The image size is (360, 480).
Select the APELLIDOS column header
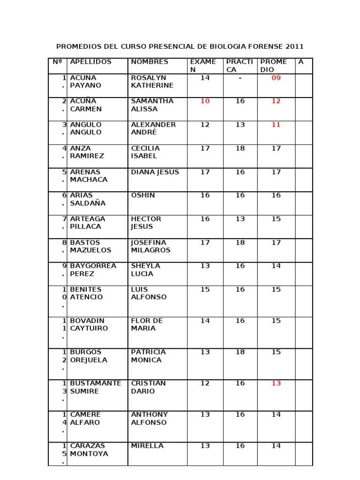[x=90, y=62]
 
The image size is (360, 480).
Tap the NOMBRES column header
[x=150, y=62]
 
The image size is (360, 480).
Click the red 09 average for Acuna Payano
[x=276, y=78]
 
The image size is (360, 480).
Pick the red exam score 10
[x=205, y=101]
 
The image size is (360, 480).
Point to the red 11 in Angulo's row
[x=276, y=125]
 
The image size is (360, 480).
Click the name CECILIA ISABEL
[x=146, y=152]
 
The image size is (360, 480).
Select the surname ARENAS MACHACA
[x=89, y=176]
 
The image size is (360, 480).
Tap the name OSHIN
[x=142, y=195]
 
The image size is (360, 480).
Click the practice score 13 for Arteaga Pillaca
[x=240, y=219]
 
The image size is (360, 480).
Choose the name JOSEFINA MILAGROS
[x=150, y=246]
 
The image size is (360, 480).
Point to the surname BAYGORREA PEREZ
[x=93, y=270]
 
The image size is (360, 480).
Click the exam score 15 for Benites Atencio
[x=205, y=290]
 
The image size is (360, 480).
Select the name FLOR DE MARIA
[x=147, y=324]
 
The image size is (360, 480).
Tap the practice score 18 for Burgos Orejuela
[x=240, y=352]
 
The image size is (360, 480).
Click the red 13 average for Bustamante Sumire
[x=276, y=383]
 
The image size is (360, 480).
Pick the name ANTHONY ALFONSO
[x=149, y=419]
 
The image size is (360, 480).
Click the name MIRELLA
[x=147, y=446]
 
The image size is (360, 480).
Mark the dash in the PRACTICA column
[x=240, y=78]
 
